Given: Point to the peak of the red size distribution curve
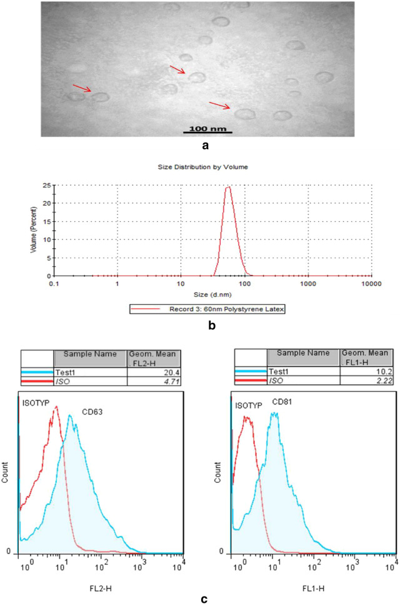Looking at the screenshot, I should (228, 187).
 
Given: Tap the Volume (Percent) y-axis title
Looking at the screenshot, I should (33, 230).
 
